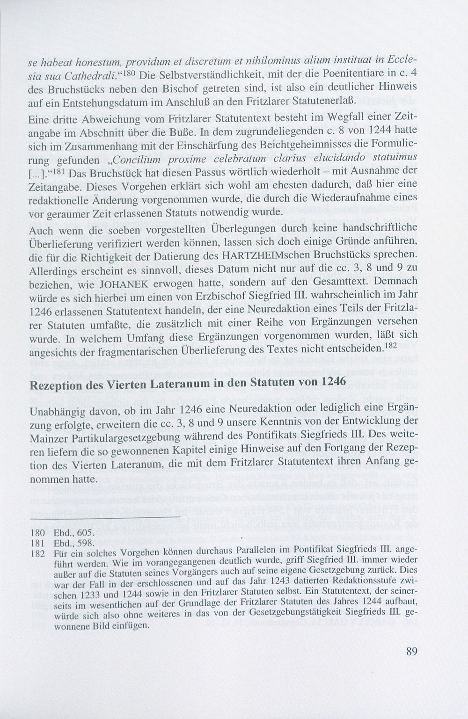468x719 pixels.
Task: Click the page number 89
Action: pyautogui.click(x=411, y=652)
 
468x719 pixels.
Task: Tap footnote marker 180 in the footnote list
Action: pyautogui.click(x=37, y=533)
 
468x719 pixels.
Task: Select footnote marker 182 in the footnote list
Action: pyautogui.click(x=37, y=552)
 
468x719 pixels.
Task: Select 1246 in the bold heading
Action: pyautogui.click(x=334, y=381)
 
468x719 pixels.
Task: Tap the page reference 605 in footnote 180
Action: pyautogui.click(x=87, y=533)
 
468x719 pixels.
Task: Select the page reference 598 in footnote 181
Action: pyautogui.click(x=87, y=543)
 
